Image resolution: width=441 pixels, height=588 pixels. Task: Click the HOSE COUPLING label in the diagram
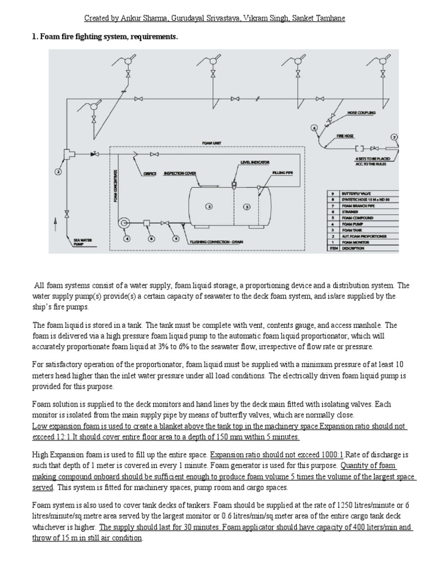[x=361, y=113]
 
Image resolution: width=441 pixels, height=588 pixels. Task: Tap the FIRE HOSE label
[x=345, y=137]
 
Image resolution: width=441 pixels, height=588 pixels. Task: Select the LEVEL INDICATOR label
[x=255, y=163]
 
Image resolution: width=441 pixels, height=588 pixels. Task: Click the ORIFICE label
[x=149, y=173]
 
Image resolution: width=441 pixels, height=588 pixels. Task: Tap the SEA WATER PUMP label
[x=82, y=241]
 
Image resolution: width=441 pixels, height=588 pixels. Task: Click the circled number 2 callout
[x=58, y=171]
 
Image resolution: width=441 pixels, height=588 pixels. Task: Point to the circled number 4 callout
[x=127, y=238]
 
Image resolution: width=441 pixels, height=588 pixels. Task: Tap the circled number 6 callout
[x=152, y=238]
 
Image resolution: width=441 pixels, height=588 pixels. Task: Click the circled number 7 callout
[x=394, y=137]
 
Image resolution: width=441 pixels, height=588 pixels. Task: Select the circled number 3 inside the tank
[x=210, y=205]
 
